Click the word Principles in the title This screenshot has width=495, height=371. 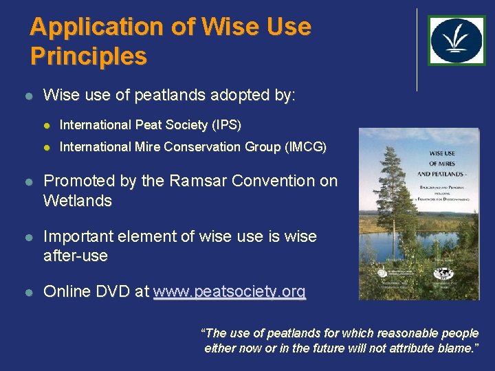[x=88, y=56]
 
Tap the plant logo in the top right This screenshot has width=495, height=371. [x=456, y=41]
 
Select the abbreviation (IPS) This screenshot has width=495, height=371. [x=226, y=125]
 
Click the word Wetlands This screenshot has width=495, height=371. [x=77, y=201]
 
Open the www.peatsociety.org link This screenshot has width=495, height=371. [x=229, y=292]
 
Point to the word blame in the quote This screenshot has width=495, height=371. [x=454, y=348]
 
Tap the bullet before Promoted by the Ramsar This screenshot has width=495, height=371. [x=28, y=181]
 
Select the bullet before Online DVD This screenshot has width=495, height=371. [x=28, y=292]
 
